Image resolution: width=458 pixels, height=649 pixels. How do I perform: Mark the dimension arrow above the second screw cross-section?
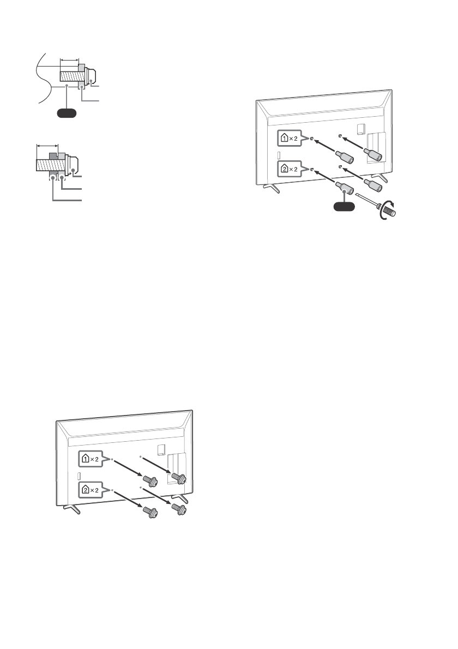click(x=47, y=146)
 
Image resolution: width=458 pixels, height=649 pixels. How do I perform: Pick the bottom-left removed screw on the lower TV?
click(x=149, y=512)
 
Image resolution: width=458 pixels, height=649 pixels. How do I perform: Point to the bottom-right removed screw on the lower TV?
click(x=178, y=509)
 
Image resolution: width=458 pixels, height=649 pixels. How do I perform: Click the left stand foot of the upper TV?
click(x=269, y=187)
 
